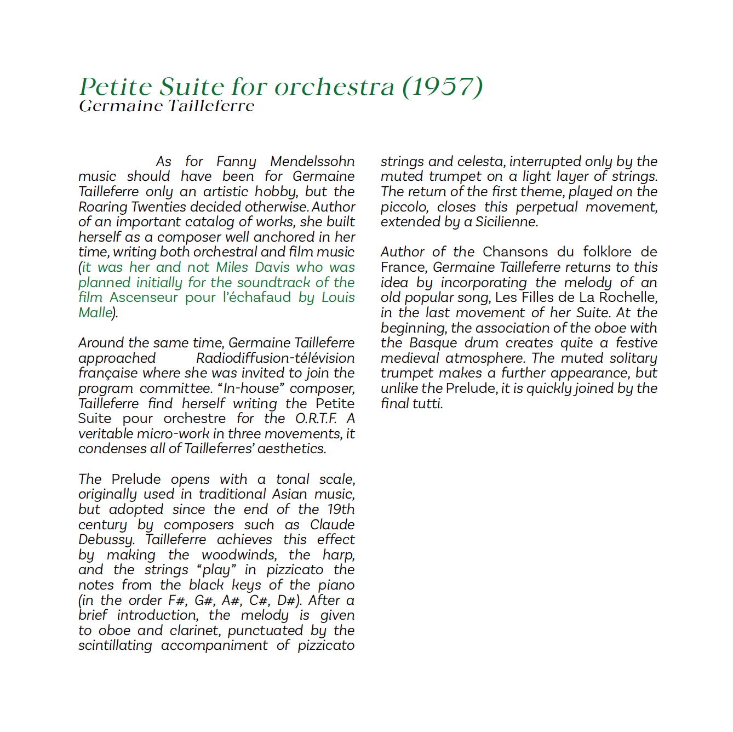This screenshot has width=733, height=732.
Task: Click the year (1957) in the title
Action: [x=443, y=87]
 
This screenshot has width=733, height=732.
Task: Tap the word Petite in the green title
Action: [x=116, y=87]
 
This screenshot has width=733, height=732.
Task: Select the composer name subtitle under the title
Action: [x=167, y=106]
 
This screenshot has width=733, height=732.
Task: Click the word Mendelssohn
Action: [x=312, y=162]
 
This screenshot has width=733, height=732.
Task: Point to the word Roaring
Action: [x=103, y=207]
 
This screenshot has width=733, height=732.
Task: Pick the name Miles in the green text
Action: [x=232, y=267]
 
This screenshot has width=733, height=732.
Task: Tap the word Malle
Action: [x=95, y=313]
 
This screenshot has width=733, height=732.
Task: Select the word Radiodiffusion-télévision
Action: [x=275, y=358]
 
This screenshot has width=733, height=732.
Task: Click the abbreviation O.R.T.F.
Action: [x=316, y=419]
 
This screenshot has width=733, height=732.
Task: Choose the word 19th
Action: [x=341, y=510]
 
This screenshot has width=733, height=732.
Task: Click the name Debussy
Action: [x=106, y=540]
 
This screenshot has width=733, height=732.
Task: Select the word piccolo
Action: [x=404, y=207]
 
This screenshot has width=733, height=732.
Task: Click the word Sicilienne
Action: [x=506, y=222]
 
